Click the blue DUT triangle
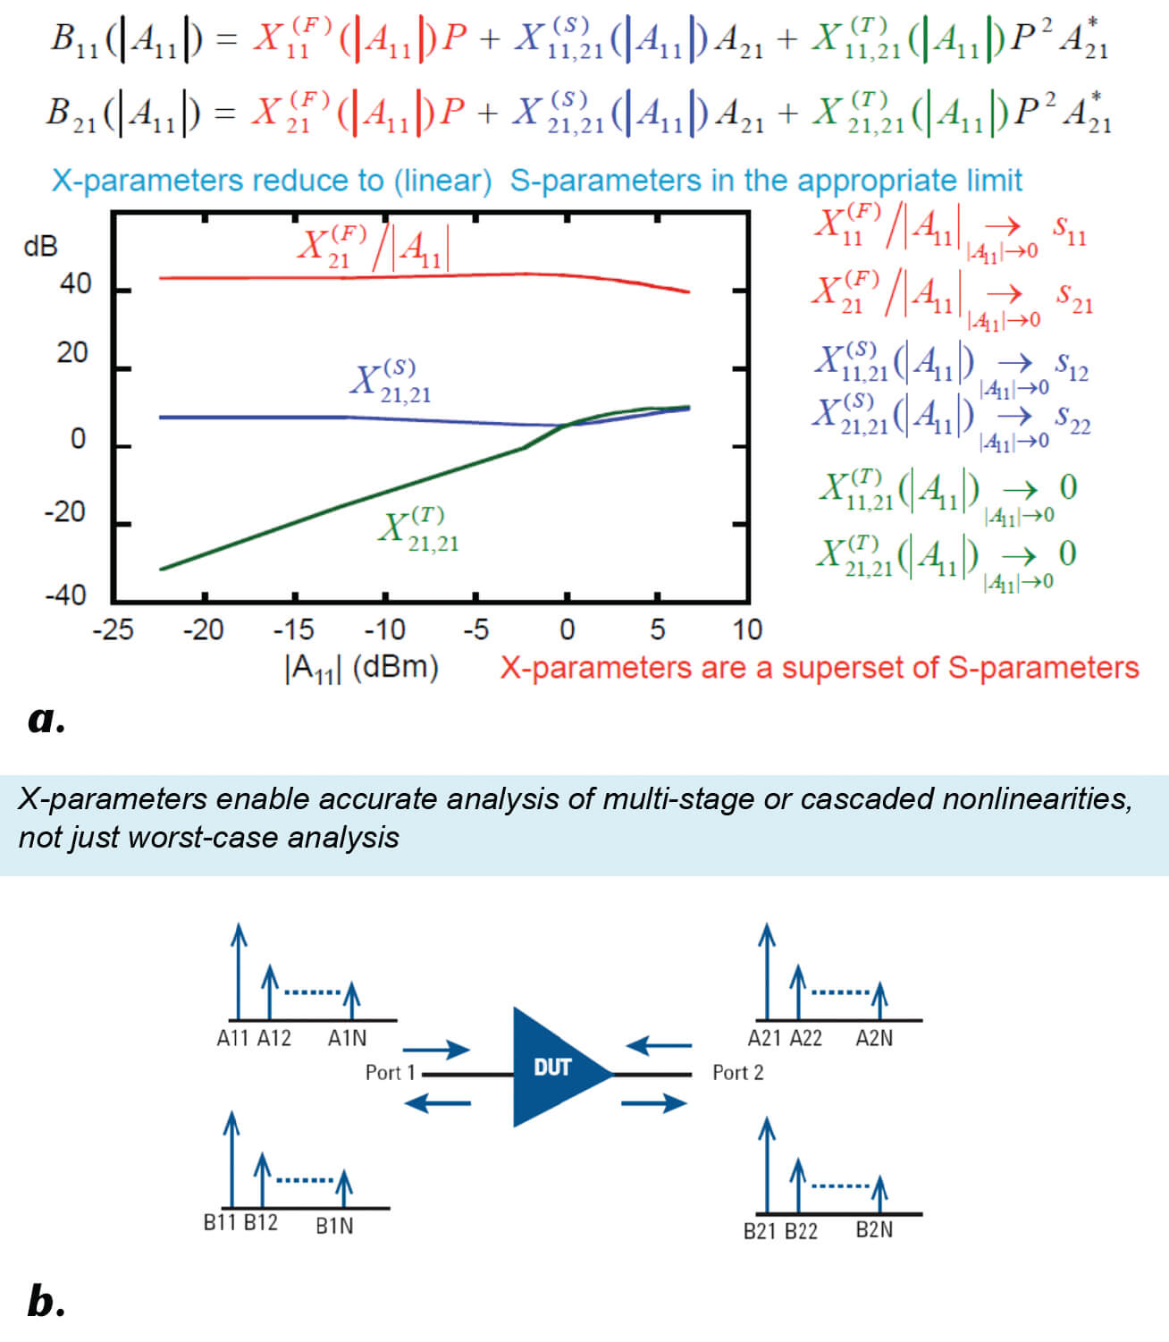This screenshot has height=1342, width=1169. click(554, 1067)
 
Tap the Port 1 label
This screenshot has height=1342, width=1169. click(391, 1072)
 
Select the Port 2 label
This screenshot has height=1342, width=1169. click(738, 1072)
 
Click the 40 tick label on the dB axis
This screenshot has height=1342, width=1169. click(75, 284)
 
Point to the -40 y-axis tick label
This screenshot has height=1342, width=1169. click(65, 595)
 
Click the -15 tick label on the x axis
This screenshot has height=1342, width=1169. click(293, 630)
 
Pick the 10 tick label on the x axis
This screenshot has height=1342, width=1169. click(747, 630)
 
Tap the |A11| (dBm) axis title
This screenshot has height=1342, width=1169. click(361, 668)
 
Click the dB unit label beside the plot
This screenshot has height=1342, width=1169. click(40, 245)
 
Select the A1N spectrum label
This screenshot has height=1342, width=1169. click(347, 1038)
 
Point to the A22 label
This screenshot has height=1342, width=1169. click(805, 1038)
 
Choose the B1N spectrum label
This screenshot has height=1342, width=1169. click(334, 1225)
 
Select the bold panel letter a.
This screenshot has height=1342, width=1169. click(46, 719)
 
